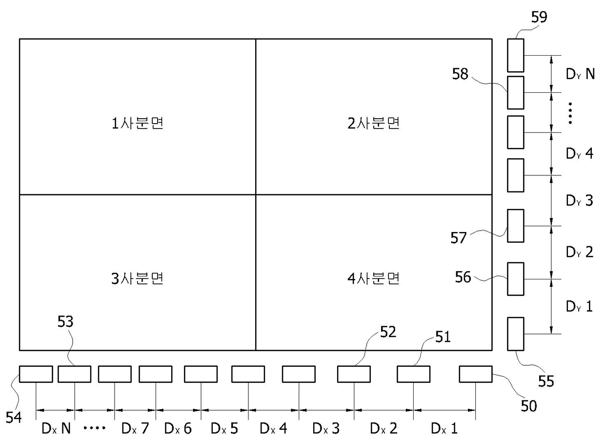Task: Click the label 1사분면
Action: click(137, 124)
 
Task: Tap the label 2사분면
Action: click(374, 124)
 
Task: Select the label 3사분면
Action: click(137, 278)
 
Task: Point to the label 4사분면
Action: click(374, 278)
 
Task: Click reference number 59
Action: click(539, 18)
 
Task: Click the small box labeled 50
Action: click(476, 374)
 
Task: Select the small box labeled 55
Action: click(516, 334)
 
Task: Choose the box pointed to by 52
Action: click(354, 374)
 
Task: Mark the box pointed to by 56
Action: click(516, 279)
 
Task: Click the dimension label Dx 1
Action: click(444, 429)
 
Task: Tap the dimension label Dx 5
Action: click(224, 429)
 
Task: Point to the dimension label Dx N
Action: click(56, 429)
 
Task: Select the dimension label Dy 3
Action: click(580, 200)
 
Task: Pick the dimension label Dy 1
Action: click(580, 307)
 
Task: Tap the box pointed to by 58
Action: click(516, 92)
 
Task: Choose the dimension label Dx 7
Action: click(135, 429)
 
